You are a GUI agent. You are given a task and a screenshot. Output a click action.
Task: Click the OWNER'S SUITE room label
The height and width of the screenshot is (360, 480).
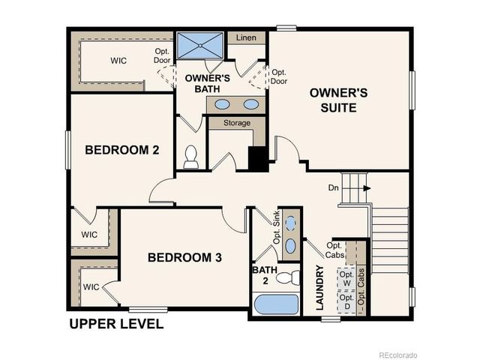339,100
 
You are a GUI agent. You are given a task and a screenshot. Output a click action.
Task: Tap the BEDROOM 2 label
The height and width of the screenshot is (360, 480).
121,150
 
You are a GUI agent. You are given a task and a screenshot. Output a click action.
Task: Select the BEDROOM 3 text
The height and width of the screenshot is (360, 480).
184,257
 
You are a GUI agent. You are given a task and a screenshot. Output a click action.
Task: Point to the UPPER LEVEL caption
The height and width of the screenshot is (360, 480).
116,325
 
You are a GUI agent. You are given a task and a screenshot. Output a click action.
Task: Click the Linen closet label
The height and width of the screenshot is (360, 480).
246,37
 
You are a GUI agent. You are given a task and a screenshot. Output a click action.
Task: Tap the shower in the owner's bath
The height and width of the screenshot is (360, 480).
200,46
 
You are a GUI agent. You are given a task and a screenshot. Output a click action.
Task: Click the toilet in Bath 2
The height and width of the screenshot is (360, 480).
287,278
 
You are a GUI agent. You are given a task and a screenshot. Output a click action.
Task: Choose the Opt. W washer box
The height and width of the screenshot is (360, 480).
346,279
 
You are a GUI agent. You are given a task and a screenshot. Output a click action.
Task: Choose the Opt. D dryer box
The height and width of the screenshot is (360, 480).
346,302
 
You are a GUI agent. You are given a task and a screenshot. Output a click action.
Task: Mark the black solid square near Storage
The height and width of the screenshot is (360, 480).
258,159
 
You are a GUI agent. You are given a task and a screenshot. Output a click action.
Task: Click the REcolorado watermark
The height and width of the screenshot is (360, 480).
397,354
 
